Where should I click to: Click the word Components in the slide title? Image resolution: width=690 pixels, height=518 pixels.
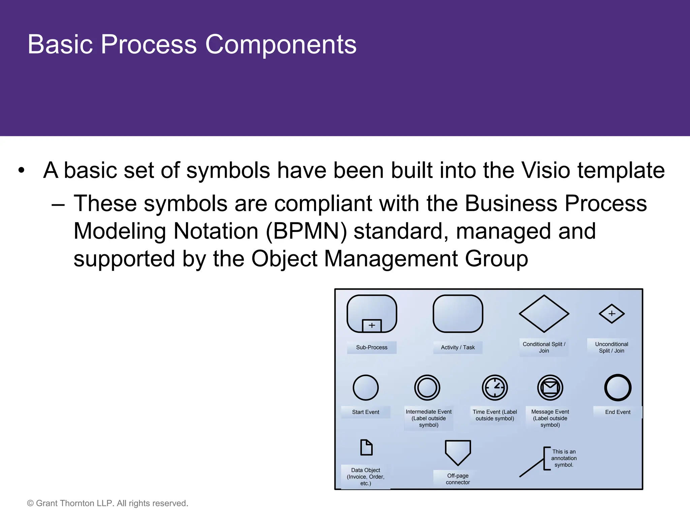point(281,45)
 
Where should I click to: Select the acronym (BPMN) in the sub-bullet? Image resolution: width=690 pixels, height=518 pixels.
point(306,231)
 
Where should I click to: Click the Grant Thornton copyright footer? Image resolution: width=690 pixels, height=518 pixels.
point(107,503)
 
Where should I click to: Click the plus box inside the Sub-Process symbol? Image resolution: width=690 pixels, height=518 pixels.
point(372,325)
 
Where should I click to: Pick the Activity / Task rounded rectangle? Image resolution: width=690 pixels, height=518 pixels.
point(458,314)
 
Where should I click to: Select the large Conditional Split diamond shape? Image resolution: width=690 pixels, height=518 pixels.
point(544,314)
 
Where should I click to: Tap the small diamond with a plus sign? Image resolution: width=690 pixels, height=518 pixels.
point(611,314)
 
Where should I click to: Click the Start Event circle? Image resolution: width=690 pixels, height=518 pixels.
point(366,388)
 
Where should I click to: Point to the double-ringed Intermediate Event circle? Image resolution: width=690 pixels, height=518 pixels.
point(427,388)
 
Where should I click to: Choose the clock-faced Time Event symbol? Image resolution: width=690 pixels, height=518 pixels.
point(495,388)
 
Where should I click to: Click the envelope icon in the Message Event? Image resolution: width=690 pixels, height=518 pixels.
point(550,387)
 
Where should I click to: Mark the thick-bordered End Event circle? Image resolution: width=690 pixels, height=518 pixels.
point(618,388)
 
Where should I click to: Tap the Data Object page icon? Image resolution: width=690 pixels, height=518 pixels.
point(366,448)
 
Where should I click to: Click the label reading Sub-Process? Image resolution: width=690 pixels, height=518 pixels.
point(372,347)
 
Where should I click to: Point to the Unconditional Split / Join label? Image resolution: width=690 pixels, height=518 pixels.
point(611,347)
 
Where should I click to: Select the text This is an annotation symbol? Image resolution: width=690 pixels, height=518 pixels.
point(564,458)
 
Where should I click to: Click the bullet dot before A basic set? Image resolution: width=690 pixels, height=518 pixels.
point(22,170)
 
